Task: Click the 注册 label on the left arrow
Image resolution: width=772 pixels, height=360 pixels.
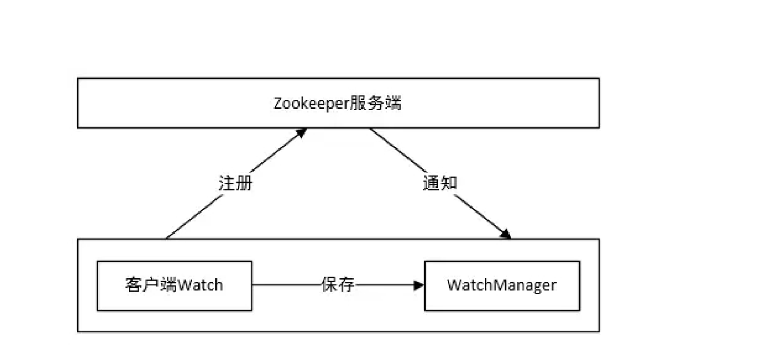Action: click(x=236, y=183)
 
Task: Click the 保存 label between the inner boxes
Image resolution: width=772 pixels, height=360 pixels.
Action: click(x=337, y=285)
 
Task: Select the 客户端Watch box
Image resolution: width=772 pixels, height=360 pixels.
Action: click(x=174, y=285)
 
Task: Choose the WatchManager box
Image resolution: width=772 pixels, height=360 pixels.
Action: click(x=502, y=285)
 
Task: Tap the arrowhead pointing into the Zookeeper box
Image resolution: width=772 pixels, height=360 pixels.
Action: click(x=300, y=133)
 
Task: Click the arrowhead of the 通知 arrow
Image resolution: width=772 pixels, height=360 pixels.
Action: click(x=506, y=234)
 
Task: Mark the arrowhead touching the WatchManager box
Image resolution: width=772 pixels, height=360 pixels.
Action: click(x=419, y=285)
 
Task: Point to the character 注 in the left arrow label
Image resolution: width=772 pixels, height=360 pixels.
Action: click(x=227, y=183)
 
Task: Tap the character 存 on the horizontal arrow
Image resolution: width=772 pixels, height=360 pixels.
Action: click(x=346, y=285)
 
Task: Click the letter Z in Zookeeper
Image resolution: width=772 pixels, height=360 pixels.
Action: click(x=278, y=104)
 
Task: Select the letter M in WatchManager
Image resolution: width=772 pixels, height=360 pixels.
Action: click(x=495, y=285)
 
